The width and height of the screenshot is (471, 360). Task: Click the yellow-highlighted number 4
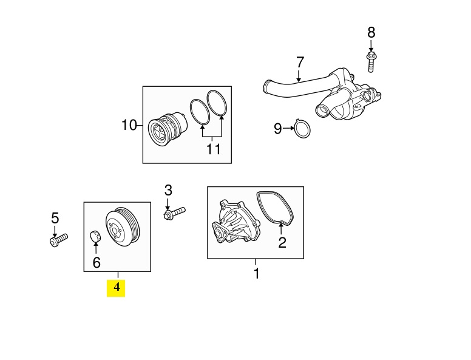pyautogui.click(x=117, y=287)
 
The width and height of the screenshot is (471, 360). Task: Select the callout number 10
pyautogui.click(x=129, y=125)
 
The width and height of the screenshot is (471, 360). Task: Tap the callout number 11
pyautogui.click(x=213, y=149)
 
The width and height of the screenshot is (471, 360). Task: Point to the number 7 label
pyautogui.click(x=300, y=62)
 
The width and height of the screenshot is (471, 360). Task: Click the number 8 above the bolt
pyautogui.click(x=371, y=32)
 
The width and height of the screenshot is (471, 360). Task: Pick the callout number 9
pyautogui.click(x=278, y=129)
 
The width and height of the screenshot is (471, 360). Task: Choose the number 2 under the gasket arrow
pyautogui.click(x=282, y=242)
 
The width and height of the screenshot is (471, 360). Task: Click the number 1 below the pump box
pyautogui.click(x=256, y=273)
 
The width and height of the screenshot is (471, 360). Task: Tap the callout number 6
pyautogui.click(x=97, y=263)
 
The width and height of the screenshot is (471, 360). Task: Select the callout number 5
pyautogui.click(x=55, y=218)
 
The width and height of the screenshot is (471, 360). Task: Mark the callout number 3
pyautogui.click(x=168, y=190)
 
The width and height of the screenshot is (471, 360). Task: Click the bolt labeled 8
pyautogui.click(x=371, y=62)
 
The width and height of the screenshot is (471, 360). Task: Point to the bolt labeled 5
pyautogui.click(x=59, y=240)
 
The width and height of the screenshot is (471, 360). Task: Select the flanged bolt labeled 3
pyautogui.click(x=175, y=212)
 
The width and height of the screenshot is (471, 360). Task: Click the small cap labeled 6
pyautogui.click(x=95, y=236)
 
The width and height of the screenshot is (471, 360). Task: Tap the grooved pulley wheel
pyautogui.click(x=123, y=227)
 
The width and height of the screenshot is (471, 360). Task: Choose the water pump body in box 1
pyautogui.click(x=235, y=221)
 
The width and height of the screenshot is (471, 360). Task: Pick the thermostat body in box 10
pyautogui.click(x=168, y=129)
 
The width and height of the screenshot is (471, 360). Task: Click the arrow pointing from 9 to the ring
pyautogui.click(x=289, y=128)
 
